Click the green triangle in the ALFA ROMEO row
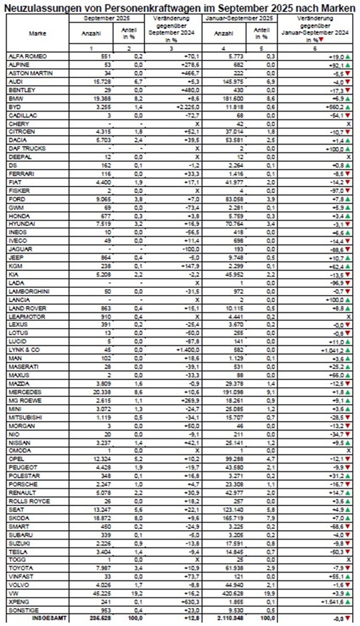pos(347,56)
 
